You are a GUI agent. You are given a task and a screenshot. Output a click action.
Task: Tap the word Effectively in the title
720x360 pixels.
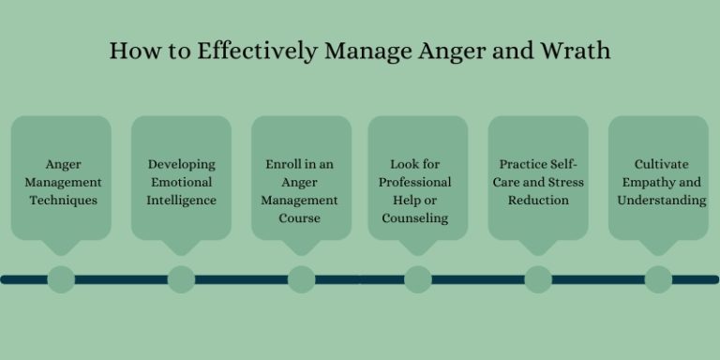click(x=247, y=50)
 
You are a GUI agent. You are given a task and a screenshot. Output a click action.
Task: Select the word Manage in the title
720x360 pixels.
click(x=365, y=50)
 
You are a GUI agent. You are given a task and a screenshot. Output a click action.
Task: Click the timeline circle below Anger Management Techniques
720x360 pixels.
click(x=61, y=278)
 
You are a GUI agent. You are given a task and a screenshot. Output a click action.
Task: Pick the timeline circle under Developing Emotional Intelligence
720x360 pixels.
click(x=181, y=278)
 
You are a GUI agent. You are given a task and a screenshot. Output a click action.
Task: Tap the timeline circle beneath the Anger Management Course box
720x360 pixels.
click(x=301, y=278)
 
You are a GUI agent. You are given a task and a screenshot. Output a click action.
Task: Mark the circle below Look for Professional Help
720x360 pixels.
click(x=418, y=278)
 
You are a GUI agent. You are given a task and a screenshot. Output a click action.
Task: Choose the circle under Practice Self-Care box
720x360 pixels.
click(x=538, y=278)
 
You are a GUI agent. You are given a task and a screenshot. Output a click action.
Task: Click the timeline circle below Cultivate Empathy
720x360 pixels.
click(x=658, y=278)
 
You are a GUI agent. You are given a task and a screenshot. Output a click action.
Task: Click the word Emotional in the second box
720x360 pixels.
click(x=181, y=182)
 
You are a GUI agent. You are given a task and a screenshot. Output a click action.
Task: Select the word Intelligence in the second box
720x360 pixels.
click(x=181, y=200)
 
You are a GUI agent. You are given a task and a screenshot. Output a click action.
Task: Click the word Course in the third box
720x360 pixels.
click(x=301, y=217)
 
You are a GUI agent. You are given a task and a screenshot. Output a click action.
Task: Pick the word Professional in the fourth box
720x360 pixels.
click(x=415, y=182)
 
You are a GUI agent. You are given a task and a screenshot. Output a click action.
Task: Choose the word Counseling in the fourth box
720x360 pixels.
click(x=415, y=217)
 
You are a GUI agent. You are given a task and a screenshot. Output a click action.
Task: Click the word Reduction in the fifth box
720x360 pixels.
click(x=538, y=200)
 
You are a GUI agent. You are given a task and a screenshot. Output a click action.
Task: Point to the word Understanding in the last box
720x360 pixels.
click(x=662, y=200)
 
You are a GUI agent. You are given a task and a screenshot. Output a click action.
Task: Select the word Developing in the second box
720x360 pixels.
click(x=181, y=164)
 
